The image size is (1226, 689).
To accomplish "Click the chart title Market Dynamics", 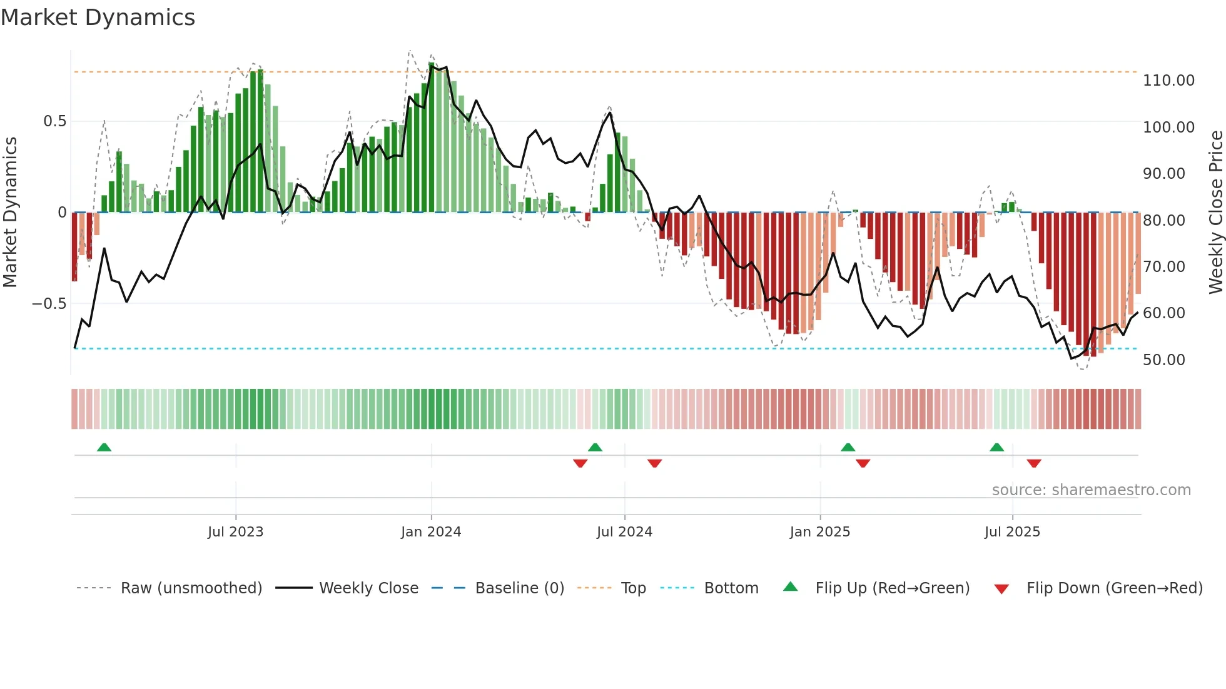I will click(x=98, y=18).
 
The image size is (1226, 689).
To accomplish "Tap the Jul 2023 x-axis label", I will click(x=235, y=532).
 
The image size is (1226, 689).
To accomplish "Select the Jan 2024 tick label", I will click(x=431, y=532).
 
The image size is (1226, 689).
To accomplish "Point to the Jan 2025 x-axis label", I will click(x=819, y=532).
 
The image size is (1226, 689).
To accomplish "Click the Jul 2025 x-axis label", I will click(x=1012, y=532).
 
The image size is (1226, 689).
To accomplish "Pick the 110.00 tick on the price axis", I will click(x=1168, y=81).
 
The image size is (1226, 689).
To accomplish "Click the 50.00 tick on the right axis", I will click(x=1163, y=360).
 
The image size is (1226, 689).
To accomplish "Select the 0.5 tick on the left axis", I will click(x=54, y=121).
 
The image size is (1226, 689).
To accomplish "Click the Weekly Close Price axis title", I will click(x=1215, y=213).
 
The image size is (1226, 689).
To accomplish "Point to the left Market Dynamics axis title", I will click(x=10, y=213).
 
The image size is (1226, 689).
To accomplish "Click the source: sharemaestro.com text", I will click(x=1091, y=490).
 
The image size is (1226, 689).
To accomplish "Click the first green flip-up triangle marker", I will click(x=104, y=448).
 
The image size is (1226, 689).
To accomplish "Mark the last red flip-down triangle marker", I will click(x=1034, y=463).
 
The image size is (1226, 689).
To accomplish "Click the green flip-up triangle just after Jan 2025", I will click(x=848, y=448).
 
